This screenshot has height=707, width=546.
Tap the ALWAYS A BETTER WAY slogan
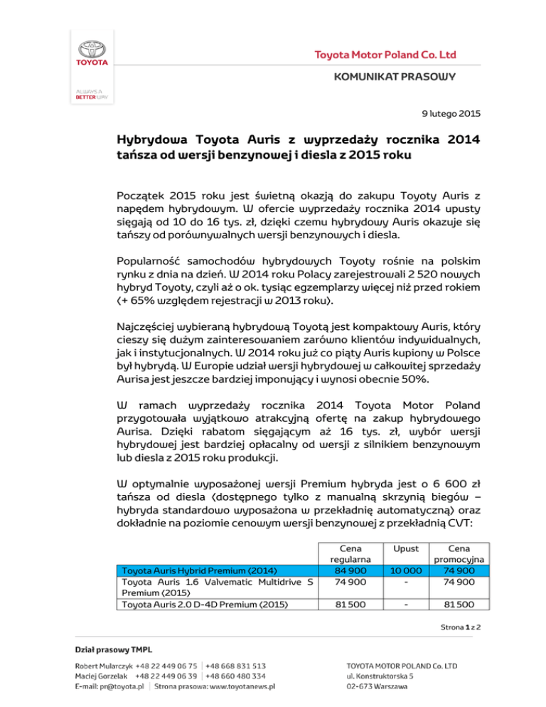92,96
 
